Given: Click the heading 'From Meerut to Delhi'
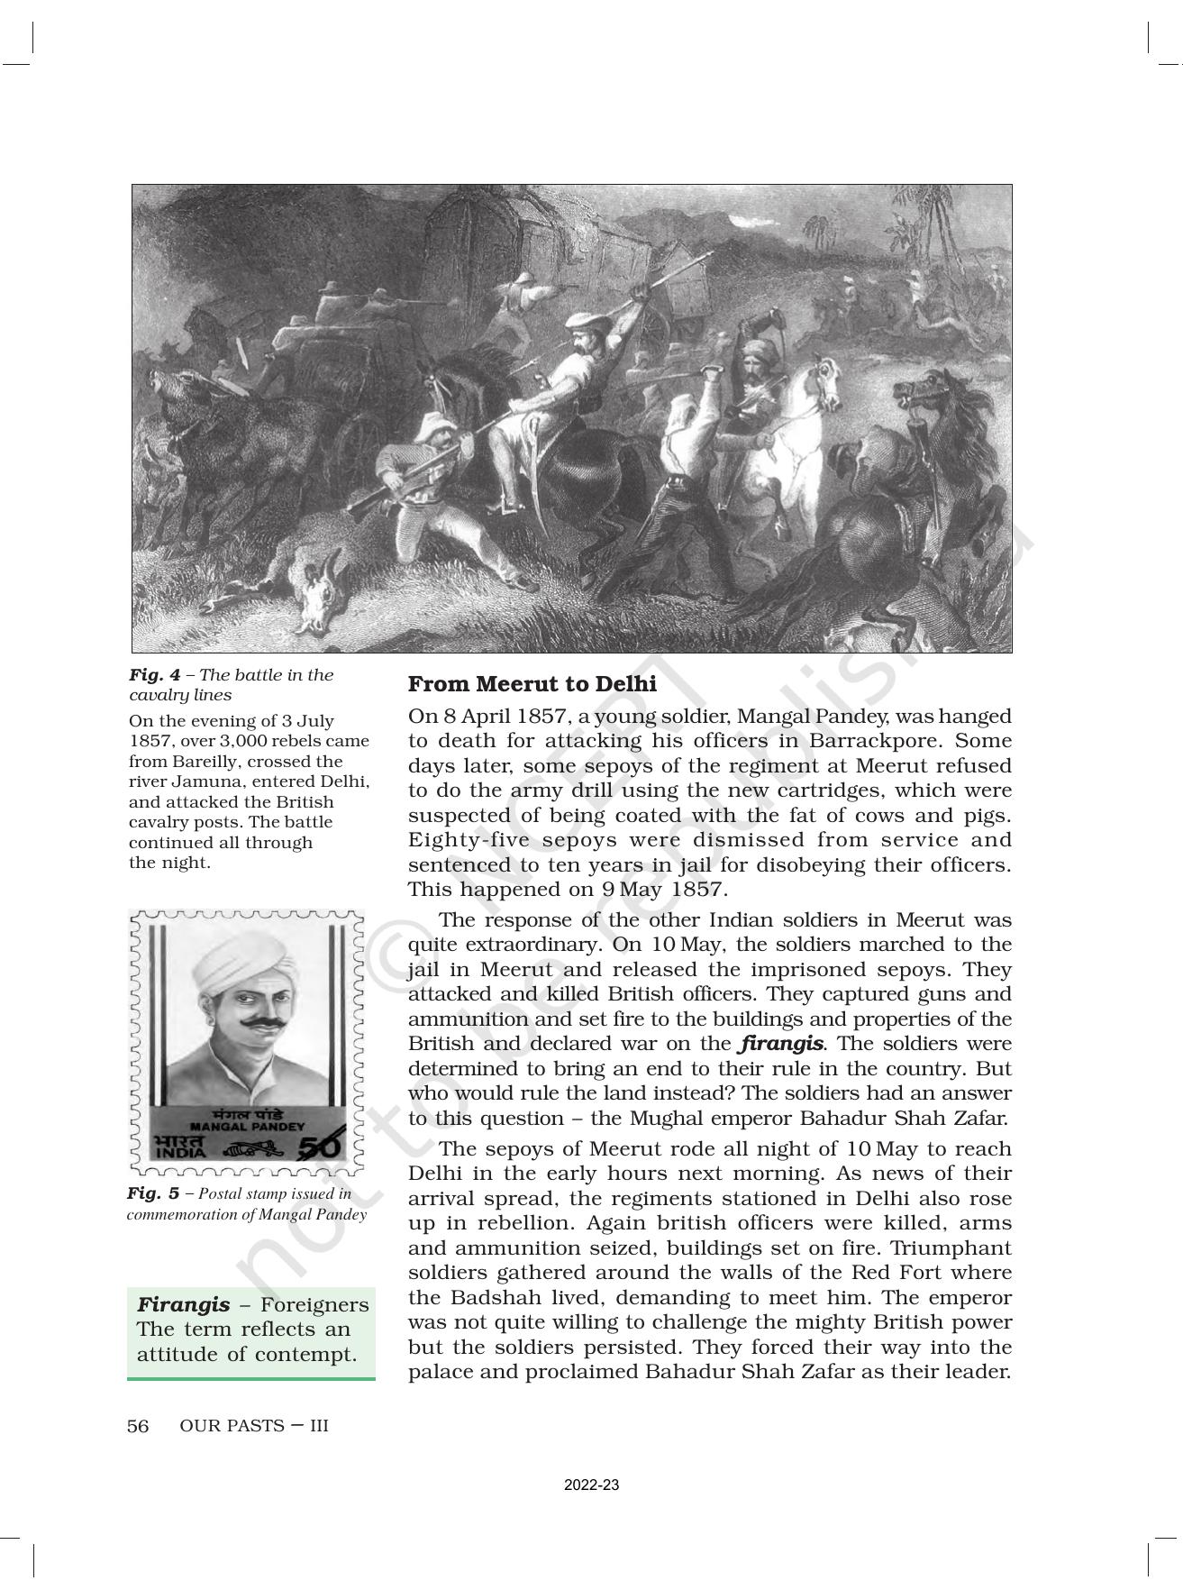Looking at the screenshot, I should (532, 684).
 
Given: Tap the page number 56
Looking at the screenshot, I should (138, 1426).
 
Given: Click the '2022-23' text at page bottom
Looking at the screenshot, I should (591, 1485).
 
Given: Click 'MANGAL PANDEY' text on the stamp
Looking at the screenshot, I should (249, 1126).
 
